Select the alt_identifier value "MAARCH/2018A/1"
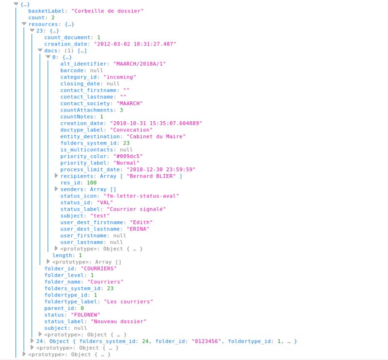point(140,64)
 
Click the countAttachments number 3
point(121,110)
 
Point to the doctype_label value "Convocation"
point(132,130)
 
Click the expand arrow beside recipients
point(56,176)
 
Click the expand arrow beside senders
point(56,189)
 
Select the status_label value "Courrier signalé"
point(136,209)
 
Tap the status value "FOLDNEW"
point(86,314)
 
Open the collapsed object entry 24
point(33,341)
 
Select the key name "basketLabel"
point(49,11)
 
